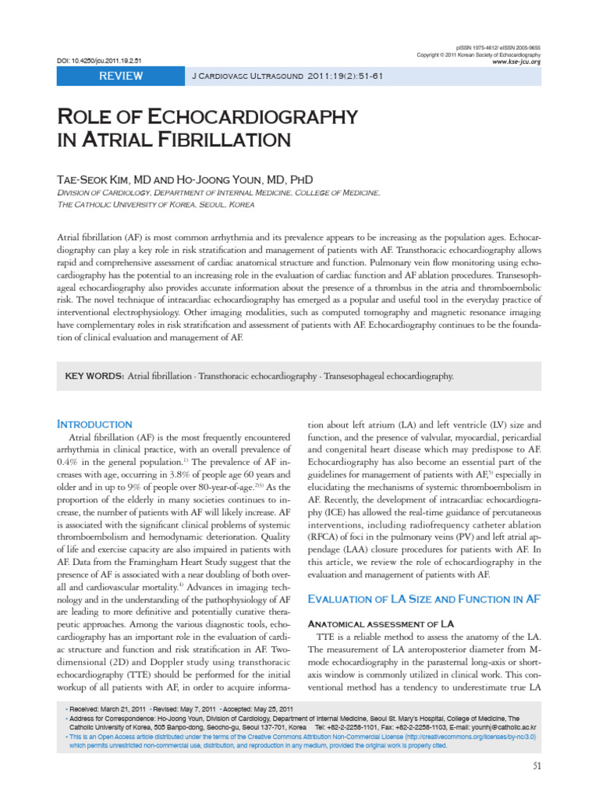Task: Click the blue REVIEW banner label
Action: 120,76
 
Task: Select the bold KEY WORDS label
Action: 94,375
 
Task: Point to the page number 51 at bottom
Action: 537,765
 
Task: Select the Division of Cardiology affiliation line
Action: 219,193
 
